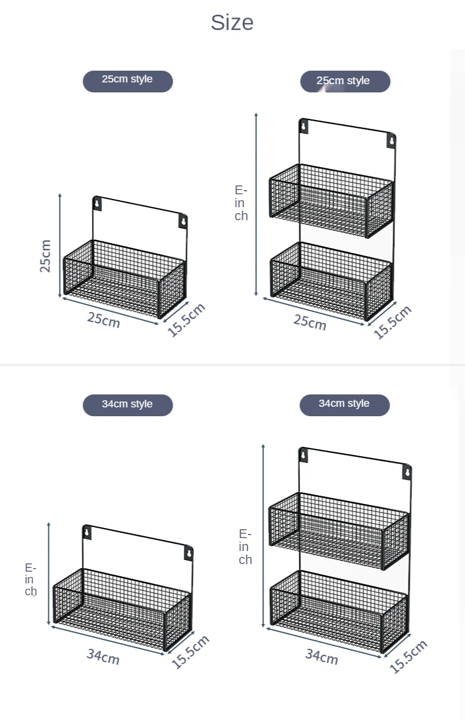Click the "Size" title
click(x=232, y=22)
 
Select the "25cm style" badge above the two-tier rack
click(x=345, y=81)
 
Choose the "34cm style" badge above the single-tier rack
click(x=127, y=405)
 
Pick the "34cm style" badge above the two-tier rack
click(x=344, y=404)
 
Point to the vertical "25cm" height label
click(x=45, y=256)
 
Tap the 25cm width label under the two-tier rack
click(x=309, y=323)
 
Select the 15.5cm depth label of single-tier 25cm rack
click(x=186, y=320)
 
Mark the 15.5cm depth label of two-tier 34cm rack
click(x=408, y=656)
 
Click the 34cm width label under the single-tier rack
click(x=103, y=656)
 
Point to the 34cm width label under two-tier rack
click(x=321, y=656)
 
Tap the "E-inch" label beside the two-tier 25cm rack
click(x=241, y=203)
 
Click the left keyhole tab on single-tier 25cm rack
click(x=97, y=204)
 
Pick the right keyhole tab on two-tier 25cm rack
click(x=391, y=141)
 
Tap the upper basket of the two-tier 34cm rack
click(x=338, y=530)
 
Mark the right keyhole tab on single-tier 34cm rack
click(x=189, y=553)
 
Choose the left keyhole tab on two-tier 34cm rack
click(x=304, y=455)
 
